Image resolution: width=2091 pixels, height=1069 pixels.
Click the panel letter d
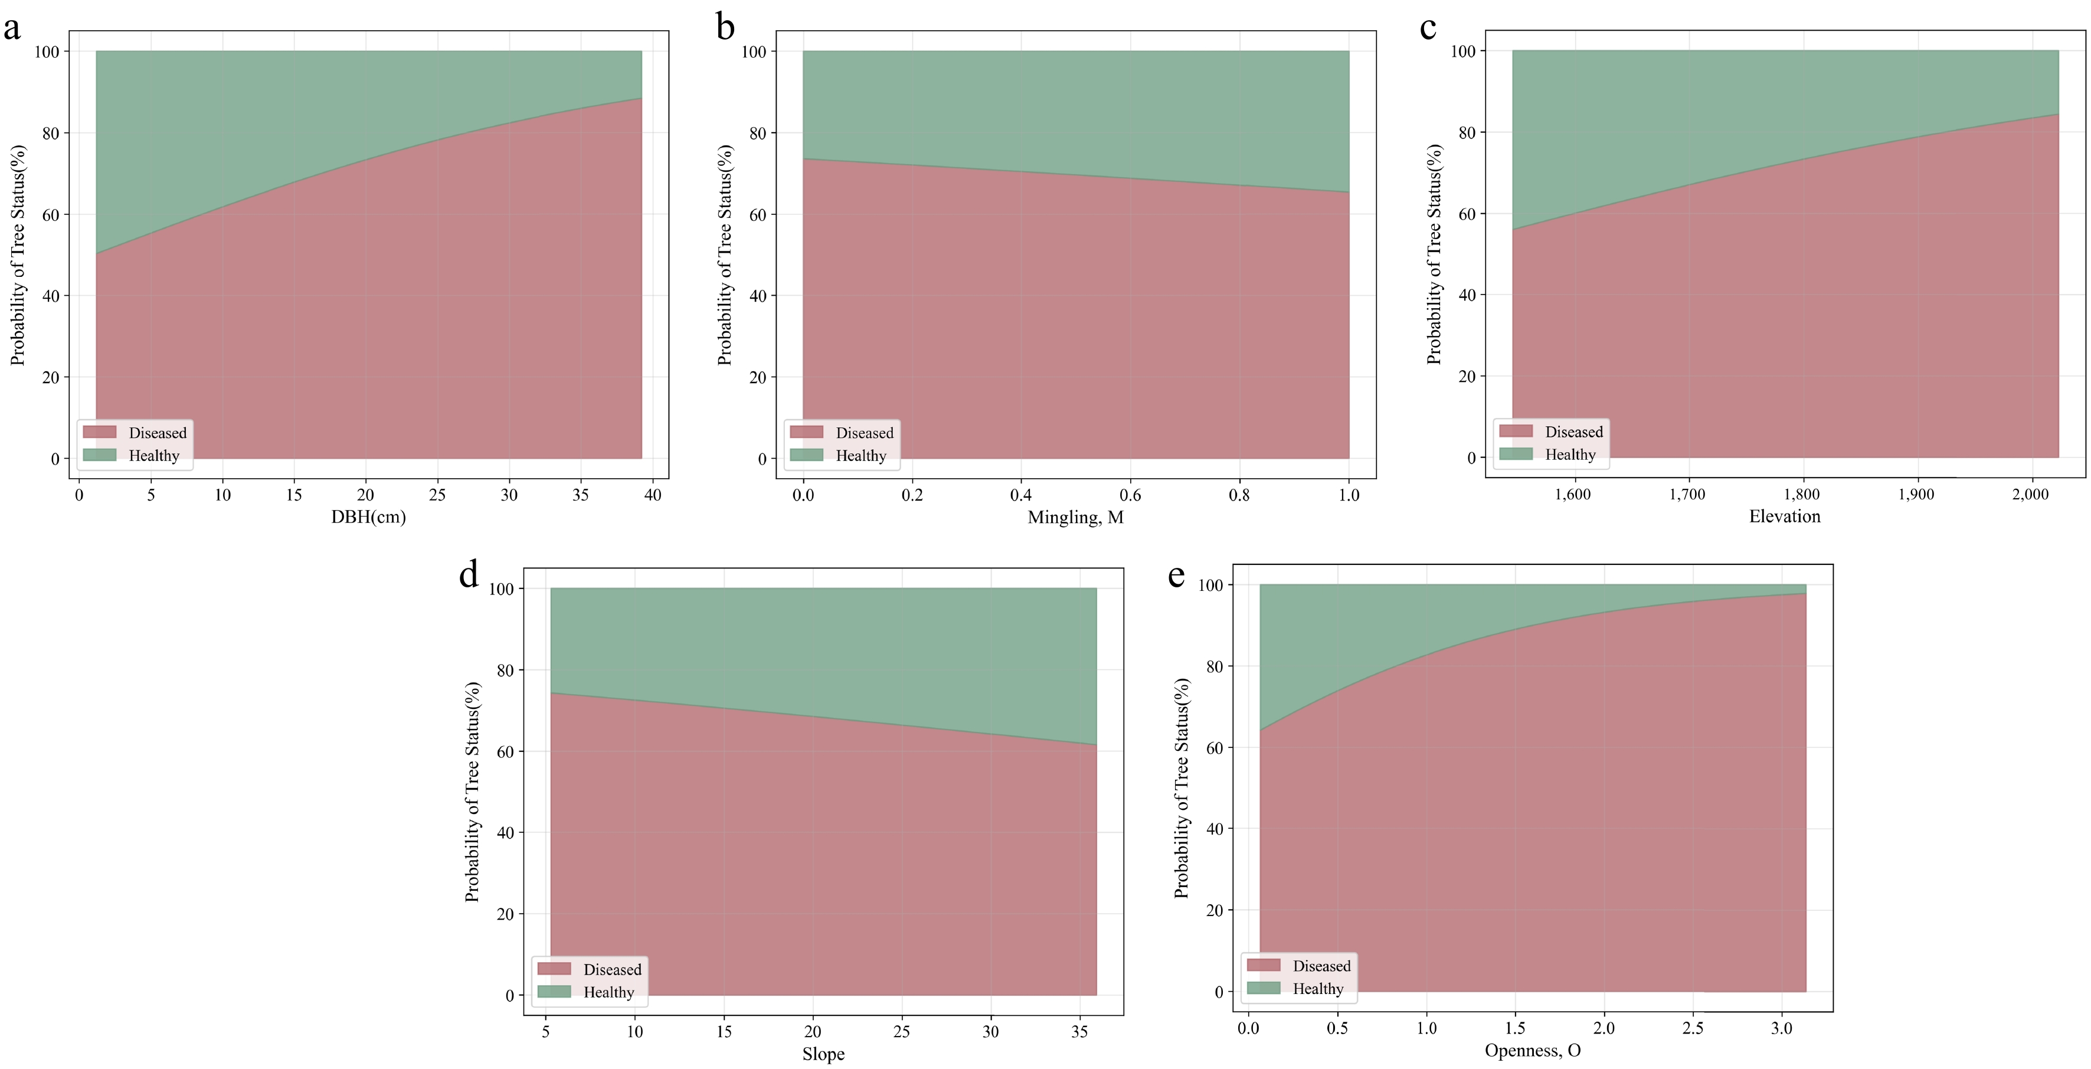click(469, 575)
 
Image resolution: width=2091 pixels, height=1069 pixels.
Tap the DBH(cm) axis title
click(368, 517)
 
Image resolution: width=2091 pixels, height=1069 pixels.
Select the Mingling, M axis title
click(1075, 517)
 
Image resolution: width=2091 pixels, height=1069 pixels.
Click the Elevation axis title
click(1784, 516)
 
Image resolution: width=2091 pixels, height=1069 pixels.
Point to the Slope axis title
click(823, 1054)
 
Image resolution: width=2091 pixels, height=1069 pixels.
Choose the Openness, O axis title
click(1533, 1050)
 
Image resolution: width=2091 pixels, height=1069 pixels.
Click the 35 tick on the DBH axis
click(580, 495)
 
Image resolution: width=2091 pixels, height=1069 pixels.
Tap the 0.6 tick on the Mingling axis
click(1130, 495)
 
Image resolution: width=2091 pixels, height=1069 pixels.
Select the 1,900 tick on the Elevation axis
click(1916, 494)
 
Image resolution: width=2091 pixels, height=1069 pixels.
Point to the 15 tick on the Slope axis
click(723, 1032)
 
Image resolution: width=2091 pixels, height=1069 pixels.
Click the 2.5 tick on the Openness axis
click(1693, 1028)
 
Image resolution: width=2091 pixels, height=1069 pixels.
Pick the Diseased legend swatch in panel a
click(100, 432)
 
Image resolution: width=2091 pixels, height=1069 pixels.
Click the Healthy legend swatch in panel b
click(806, 455)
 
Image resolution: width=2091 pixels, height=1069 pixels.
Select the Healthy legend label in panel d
click(609, 992)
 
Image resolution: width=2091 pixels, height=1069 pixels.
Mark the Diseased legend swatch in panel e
click(1263, 965)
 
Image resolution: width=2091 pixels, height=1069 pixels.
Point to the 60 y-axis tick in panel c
click(1467, 214)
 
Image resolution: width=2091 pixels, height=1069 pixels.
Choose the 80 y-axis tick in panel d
click(505, 671)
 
